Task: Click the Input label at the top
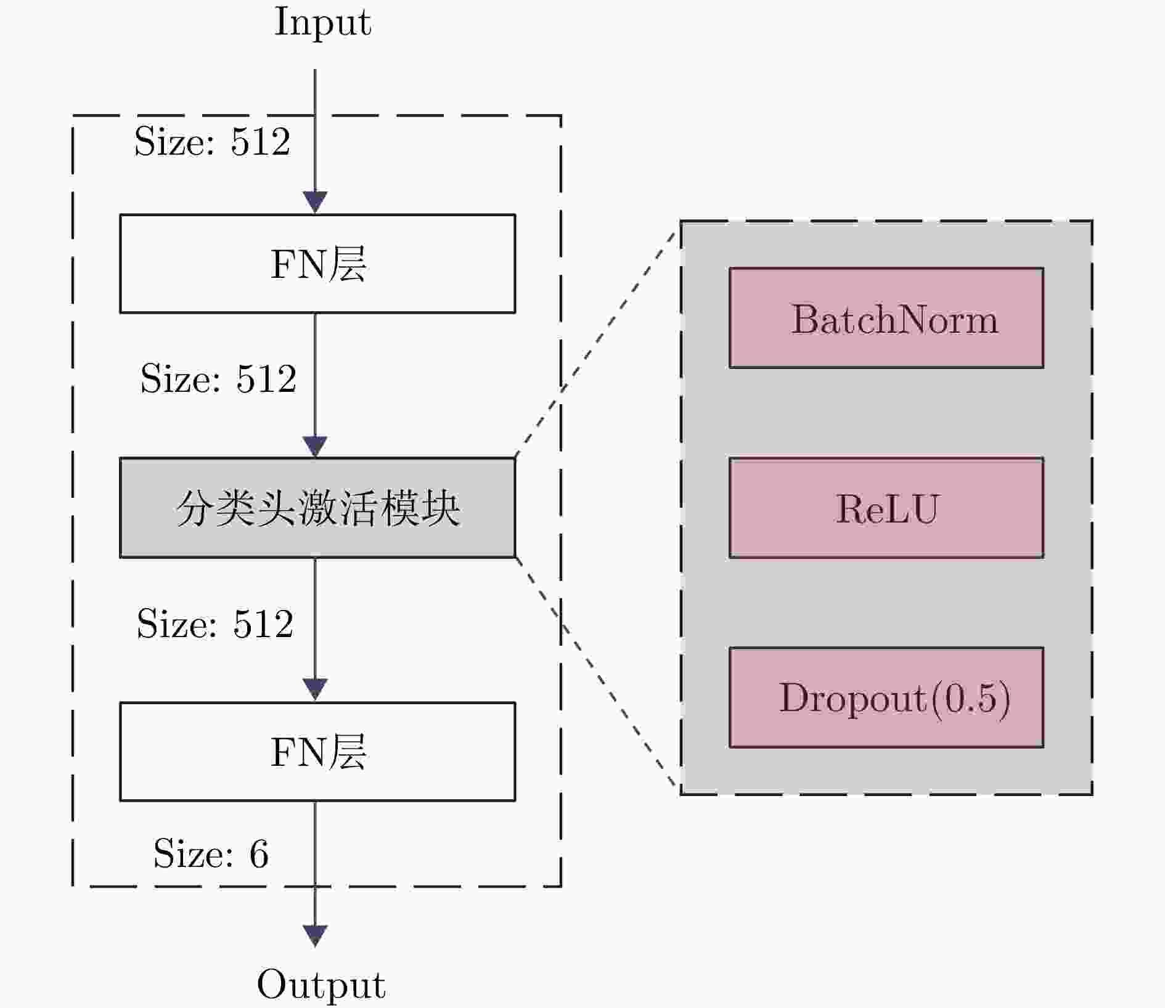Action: click(x=322, y=23)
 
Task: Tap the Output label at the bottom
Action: click(x=321, y=984)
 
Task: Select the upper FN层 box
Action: click(x=317, y=264)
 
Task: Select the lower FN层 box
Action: click(x=317, y=752)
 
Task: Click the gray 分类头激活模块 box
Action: click(x=317, y=508)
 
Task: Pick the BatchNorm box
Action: click(x=886, y=318)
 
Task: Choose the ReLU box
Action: click(x=886, y=508)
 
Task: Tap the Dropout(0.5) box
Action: click(x=886, y=697)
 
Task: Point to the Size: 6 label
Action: click(x=211, y=854)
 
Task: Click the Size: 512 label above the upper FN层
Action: click(x=212, y=142)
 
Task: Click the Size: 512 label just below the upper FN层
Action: click(x=218, y=378)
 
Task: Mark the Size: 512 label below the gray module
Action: click(x=215, y=624)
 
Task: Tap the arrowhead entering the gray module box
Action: click(x=315, y=446)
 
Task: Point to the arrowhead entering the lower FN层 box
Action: click(x=315, y=689)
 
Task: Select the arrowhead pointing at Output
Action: click(x=315, y=935)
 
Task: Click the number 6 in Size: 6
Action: click(x=259, y=854)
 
